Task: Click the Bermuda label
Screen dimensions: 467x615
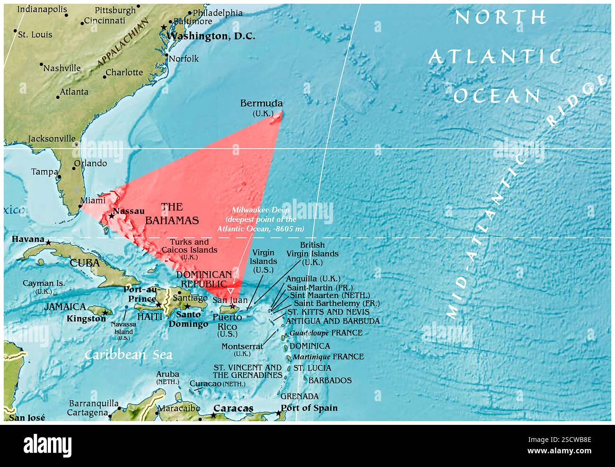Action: (x=261, y=104)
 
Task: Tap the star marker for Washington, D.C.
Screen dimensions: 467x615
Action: (x=164, y=27)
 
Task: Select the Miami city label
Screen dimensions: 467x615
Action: (x=93, y=201)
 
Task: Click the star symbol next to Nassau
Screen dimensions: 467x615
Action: (x=111, y=216)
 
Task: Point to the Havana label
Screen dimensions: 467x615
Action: (x=28, y=239)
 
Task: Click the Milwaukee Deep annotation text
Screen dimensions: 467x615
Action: (x=260, y=219)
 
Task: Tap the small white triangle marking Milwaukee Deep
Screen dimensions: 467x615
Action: (x=230, y=291)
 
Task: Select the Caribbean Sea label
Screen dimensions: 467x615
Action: (x=128, y=355)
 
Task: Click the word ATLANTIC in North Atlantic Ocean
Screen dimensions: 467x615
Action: (x=495, y=57)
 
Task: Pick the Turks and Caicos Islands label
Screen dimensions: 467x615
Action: (x=190, y=246)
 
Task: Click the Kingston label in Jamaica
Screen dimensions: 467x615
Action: (x=86, y=319)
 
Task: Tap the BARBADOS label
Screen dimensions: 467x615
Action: (x=330, y=380)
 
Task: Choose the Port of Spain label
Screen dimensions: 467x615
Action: (x=309, y=408)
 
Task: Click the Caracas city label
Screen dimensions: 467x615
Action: (x=233, y=408)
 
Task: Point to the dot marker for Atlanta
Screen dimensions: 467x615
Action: (x=58, y=97)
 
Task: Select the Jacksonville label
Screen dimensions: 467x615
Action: (x=52, y=139)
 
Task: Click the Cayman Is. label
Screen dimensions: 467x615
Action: (x=44, y=283)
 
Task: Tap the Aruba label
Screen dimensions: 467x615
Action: (x=168, y=374)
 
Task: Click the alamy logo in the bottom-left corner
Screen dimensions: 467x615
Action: (x=47, y=446)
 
